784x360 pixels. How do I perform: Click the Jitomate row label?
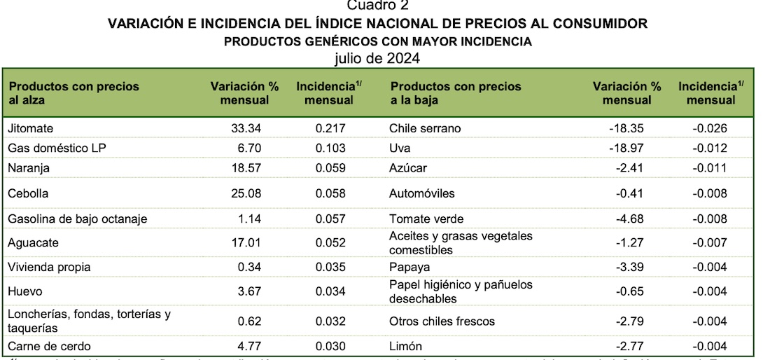click(30, 128)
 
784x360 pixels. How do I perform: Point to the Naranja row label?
click(29, 169)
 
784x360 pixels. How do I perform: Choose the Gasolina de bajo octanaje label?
click(78, 219)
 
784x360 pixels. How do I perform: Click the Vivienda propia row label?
click(49, 267)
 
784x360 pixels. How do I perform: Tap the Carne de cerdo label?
click(49, 346)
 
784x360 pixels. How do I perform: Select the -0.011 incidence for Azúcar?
click(709, 169)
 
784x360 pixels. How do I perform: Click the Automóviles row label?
click(421, 193)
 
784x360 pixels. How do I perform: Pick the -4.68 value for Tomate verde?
click(629, 219)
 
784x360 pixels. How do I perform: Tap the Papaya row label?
click(409, 267)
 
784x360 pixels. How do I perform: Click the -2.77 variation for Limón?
click(629, 346)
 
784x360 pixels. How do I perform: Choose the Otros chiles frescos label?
click(442, 321)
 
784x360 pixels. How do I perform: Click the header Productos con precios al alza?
click(73, 92)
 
